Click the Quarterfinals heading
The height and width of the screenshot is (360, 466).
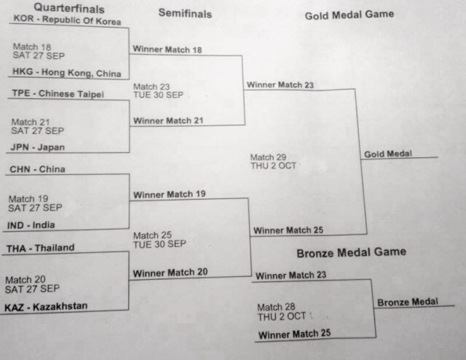(69, 8)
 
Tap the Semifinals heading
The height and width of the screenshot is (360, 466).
(185, 14)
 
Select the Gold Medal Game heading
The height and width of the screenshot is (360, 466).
(349, 15)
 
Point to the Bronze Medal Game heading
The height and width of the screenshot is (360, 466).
(351, 253)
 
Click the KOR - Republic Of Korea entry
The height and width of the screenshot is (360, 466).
(67, 20)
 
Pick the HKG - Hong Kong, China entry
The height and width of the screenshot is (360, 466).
(66, 72)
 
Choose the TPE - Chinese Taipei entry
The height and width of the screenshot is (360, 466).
(58, 94)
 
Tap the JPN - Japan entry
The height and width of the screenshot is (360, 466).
(38, 147)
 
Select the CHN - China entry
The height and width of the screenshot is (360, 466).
(37, 169)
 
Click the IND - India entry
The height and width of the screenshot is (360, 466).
(31, 225)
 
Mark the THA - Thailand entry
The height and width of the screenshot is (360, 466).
(41, 248)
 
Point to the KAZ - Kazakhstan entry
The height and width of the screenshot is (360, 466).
(46, 307)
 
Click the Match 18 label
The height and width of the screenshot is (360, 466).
(32, 47)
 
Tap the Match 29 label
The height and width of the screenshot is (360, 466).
(268, 157)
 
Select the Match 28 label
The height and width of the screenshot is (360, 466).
(276, 307)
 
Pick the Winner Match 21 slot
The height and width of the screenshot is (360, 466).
(168, 120)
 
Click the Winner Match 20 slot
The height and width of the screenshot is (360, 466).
(170, 273)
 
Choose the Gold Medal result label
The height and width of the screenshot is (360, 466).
(388, 154)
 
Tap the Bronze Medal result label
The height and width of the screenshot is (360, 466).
(408, 302)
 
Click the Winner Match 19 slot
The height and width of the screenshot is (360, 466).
(170, 195)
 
